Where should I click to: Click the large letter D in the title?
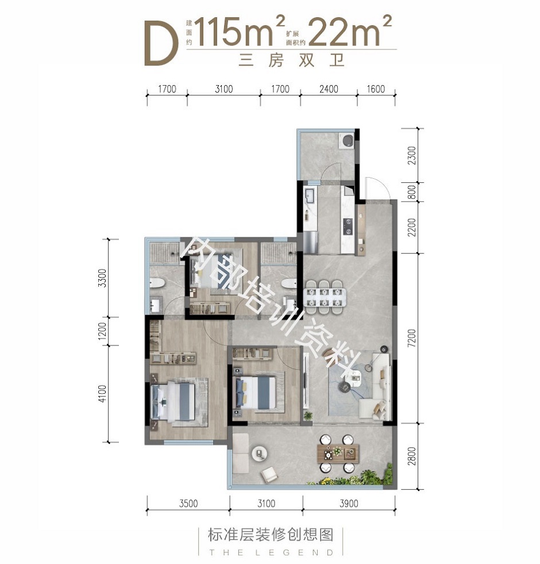tap(161, 43)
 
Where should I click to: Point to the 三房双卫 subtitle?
tap(292, 60)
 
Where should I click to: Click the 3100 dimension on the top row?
tap(223, 89)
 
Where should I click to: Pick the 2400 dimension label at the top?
tap(329, 89)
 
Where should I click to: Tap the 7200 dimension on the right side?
tap(412, 337)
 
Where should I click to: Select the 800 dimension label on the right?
tap(412, 192)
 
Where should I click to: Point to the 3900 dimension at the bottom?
tap(349, 503)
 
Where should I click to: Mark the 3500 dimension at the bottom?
tap(188, 503)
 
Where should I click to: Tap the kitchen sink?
tap(310, 196)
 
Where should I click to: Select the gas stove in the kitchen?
tap(348, 227)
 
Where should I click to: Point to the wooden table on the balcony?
tap(338, 453)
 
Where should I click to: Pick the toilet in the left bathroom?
tap(157, 283)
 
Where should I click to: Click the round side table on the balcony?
tap(259, 453)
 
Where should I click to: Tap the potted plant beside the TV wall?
tap(308, 416)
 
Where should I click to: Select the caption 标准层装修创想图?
tap(271, 535)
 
